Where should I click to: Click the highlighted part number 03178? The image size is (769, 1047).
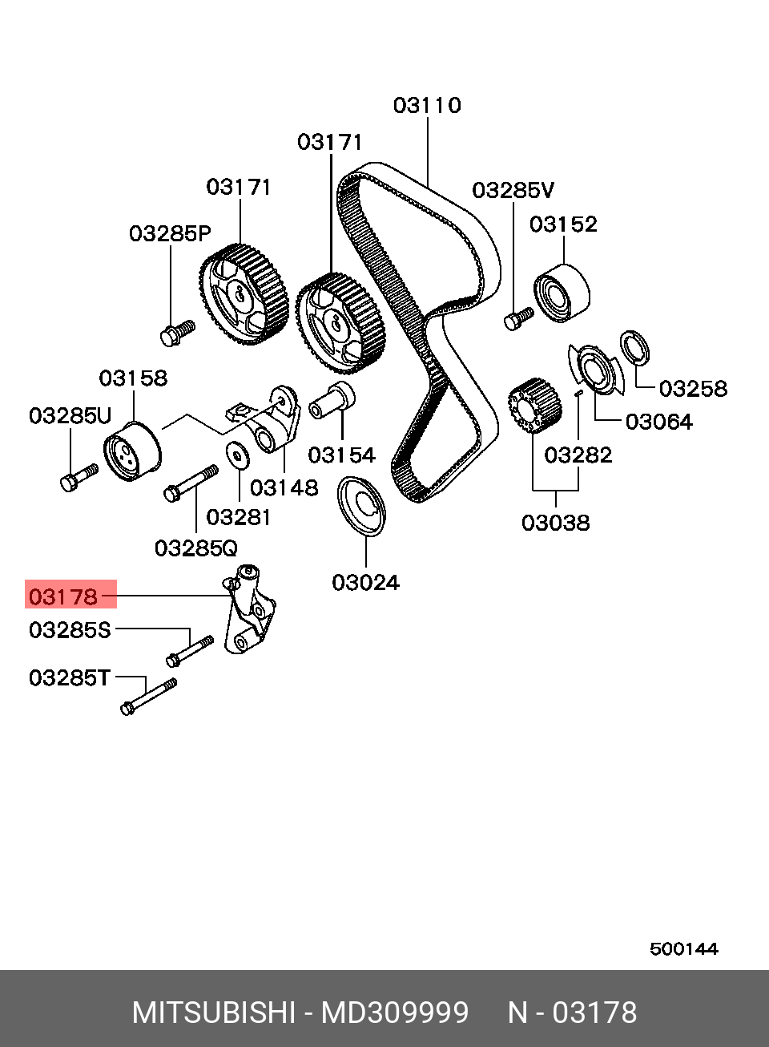(x=63, y=596)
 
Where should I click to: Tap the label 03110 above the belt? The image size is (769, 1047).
(x=427, y=106)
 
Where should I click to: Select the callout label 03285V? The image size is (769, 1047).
(x=513, y=191)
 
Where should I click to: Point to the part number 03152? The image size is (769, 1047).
(x=563, y=224)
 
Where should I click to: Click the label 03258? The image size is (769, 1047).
(x=693, y=389)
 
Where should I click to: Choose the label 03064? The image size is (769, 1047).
(x=658, y=422)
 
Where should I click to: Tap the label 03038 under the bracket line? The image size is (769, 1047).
(x=555, y=523)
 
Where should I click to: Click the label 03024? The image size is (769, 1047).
(x=365, y=583)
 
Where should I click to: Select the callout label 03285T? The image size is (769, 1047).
(x=69, y=678)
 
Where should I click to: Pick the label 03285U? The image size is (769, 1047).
(x=70, y=416)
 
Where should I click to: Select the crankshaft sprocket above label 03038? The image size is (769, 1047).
(x=533, y=407)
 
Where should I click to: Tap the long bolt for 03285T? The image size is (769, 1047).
(x=148, y=696)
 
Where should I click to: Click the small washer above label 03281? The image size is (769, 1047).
(x=237, y=455)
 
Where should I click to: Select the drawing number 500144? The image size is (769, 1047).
(x=683, y=949)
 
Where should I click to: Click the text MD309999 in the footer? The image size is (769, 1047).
(x=394, y=1013)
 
